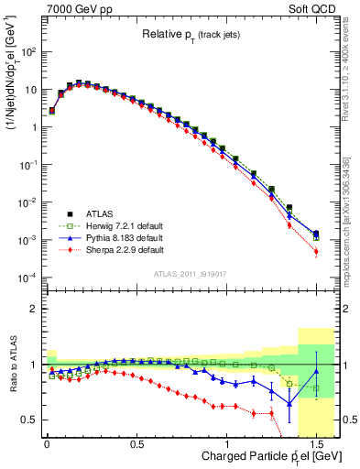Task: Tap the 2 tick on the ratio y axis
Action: tap(34, 309)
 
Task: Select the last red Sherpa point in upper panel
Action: tap(316, 251)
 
